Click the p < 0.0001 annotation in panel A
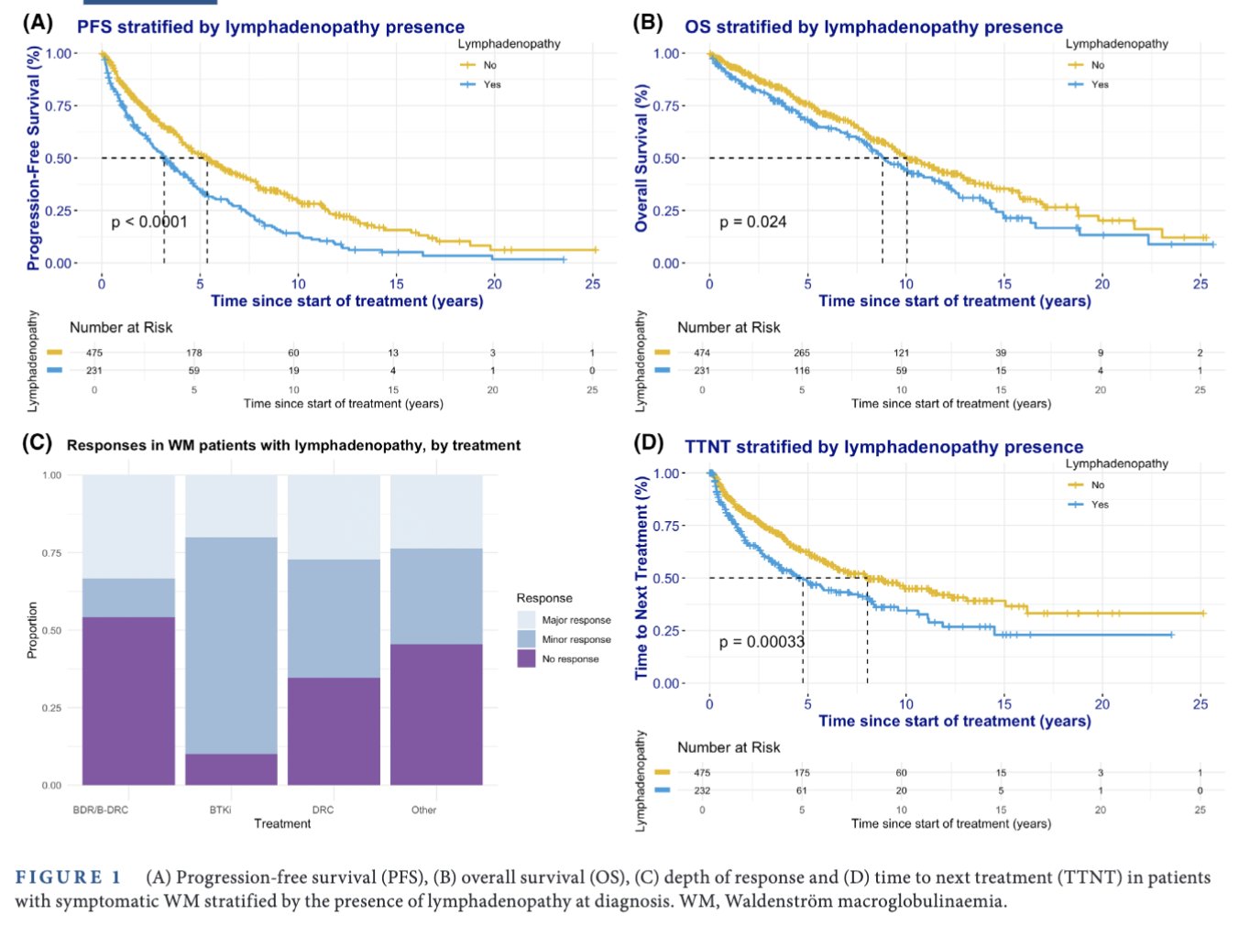pos(149,222)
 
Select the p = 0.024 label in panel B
pos(752,222)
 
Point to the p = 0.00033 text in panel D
pos(762,641)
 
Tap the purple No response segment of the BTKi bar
pos(231,769)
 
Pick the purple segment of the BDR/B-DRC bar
pos(128,701)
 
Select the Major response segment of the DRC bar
pos(334,517)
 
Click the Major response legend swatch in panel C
pos(527,620)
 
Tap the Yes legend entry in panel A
pos(491,84)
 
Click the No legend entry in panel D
pos(1097,485)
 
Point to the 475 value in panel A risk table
pos(94,353)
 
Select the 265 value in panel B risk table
pos(802,353)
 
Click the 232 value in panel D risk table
pos(702,790)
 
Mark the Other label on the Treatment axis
pos(423,810)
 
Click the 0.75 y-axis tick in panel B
pos(666,106)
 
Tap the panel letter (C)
pos(37,443)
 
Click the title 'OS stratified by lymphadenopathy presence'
pos(873,27)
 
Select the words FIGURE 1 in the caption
pos(69,877)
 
